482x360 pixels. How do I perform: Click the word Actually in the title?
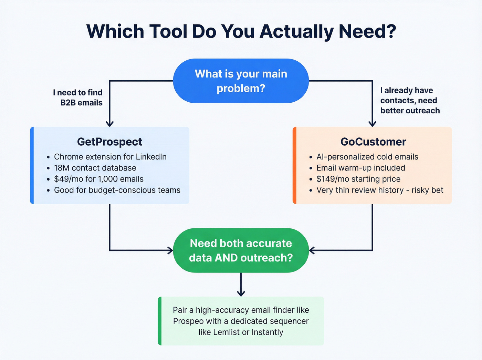[296, 32]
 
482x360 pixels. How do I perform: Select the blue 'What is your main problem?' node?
[241, 81]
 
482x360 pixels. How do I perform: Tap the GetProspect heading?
[109, 142]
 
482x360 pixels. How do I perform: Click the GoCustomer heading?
[373, 142]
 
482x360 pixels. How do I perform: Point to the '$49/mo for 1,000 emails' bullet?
[98, 179]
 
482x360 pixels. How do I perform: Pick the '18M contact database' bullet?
[95, 168]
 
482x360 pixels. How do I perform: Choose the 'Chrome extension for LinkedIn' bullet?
[110, 157]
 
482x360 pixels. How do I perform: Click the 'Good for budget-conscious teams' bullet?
[117, 190]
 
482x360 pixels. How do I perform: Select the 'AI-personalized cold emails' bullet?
[367, 157]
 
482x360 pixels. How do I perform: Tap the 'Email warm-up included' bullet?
[360, 168]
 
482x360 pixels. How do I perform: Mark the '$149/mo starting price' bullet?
[358, 179]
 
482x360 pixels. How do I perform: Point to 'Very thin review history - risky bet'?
[379, 190]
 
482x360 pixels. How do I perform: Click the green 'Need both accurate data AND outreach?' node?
[241, 250]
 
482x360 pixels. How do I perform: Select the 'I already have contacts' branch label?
[409, 100]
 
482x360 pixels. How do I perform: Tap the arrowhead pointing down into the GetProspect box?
[109, 123]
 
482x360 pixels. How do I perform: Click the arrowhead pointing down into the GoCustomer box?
[372, 123]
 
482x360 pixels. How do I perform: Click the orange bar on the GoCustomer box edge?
[294, 165]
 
